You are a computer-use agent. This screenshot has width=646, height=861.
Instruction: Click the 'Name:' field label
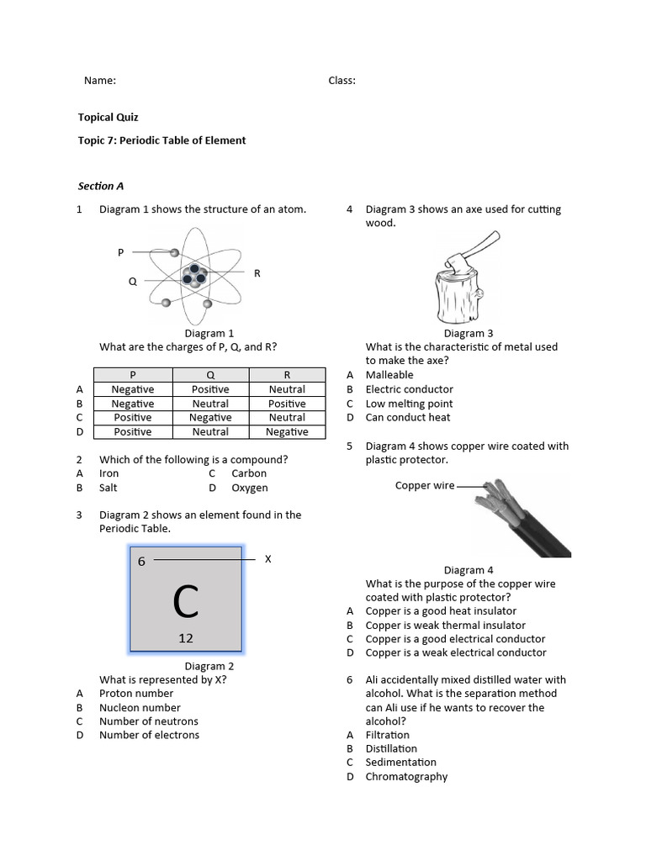pyautogui.click(x=99, y=81)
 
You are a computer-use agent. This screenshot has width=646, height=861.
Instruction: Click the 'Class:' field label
pyautogui.click(x=342, y=81)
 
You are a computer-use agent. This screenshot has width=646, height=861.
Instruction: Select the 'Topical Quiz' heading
pyautogui.click(x=108, y=118)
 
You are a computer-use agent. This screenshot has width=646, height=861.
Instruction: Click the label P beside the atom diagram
pyautogui.click(x=121, y=252)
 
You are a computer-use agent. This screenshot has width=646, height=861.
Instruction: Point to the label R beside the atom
pyautogui.click(x=257, y=273)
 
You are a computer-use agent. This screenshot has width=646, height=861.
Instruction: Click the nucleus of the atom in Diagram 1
pyautogui.click(x=195, y=277)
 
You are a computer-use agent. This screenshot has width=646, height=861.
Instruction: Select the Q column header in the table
pyautogui.click(x=210, y=375)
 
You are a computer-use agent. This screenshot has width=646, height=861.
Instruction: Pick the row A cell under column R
pyautogui.click(x=287, y=389)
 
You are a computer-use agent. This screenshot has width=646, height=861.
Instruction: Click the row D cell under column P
pyautogui.click(x=132, y=432)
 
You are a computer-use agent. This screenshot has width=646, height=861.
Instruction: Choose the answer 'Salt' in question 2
pyautogui.click(x=109, y=488)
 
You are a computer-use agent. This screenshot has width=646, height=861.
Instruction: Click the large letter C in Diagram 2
pyautogui.click(x=186, y=601)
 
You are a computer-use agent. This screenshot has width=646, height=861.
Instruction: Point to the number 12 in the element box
pyautogui.click(x=186, y=638)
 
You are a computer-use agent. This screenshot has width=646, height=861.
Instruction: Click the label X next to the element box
pyautogui.click(x=268, y=559)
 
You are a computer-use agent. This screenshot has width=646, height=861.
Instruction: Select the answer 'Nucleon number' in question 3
pyautogui.click(x=140, y=707)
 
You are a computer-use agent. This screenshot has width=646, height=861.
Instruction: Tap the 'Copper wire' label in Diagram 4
pyautogui.click(x=425, y=486)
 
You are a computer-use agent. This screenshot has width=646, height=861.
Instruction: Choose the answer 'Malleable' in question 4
pyautogui.click(x=389, y=375)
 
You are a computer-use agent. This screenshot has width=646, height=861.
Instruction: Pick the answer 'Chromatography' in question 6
pyautogui.click(x=406, y=777)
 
